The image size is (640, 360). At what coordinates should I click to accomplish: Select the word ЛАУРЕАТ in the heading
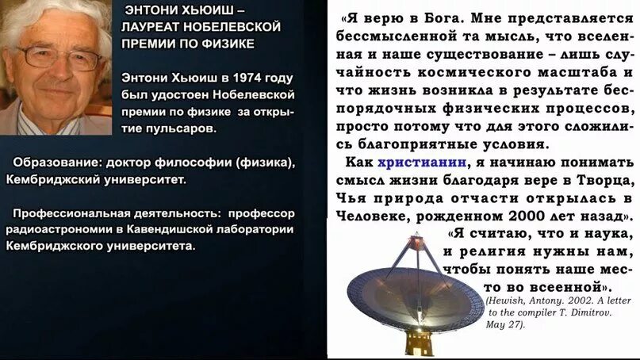(153, 26)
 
